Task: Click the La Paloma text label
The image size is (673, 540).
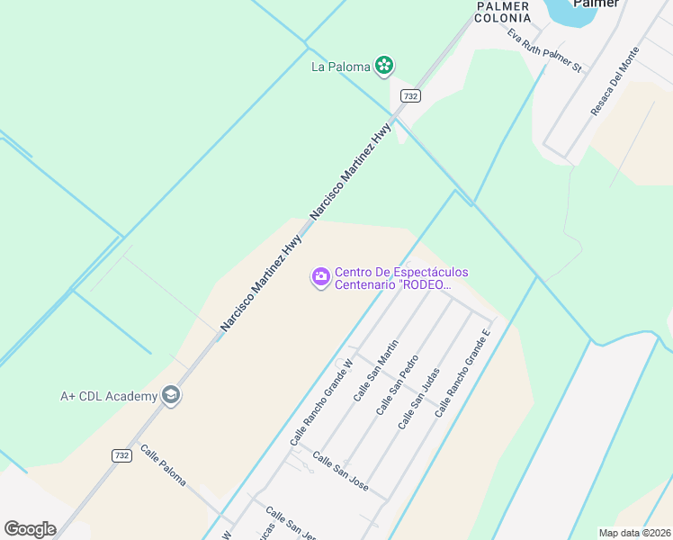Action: (341, 66)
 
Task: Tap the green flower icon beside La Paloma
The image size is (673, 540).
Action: (384, 65)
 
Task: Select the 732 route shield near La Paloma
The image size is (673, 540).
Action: (410, 96)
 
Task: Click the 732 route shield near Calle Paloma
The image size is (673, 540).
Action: (122, 455)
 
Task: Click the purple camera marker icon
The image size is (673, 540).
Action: (319, 278)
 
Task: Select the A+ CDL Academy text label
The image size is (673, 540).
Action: (107, 395)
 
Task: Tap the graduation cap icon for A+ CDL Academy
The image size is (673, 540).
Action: (170, 395)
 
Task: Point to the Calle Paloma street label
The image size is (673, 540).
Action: (163, 464)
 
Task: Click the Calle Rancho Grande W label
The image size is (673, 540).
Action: (324, 396)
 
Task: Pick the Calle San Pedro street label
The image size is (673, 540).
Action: (397, 389)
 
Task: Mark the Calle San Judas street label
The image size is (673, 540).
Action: (418, 399)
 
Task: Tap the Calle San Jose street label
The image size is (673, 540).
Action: (340, 472)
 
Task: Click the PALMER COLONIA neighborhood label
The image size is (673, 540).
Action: (501, 12)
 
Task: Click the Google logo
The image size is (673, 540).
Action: (30, 529)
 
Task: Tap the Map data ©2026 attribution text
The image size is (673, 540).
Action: (633, 533)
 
